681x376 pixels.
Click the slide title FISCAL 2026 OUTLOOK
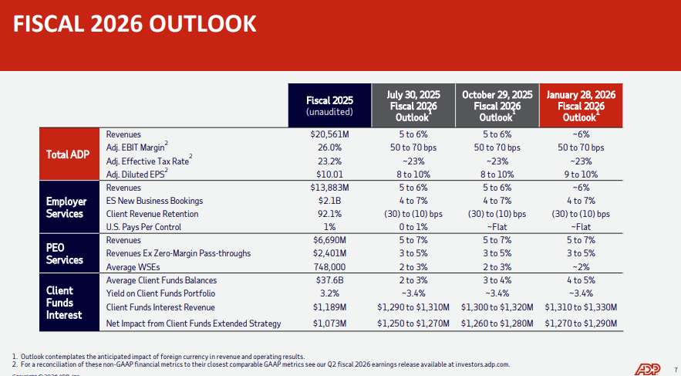click(x=135, y=24)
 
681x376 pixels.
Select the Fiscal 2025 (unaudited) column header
click(x=329, y=106)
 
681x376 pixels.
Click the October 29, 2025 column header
click(x=497, y=106)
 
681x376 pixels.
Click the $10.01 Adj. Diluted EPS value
click(x=329, y=174)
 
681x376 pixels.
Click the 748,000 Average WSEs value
click(x=329, y=266)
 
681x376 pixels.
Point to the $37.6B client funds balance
click(x=329, y=280)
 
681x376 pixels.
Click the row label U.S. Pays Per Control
click(x=143, y=227)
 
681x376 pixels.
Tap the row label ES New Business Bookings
click(x=153, y=201)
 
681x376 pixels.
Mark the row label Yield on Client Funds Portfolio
click(x=160, y=293)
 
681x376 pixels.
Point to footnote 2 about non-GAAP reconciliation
click(x=261, y=364)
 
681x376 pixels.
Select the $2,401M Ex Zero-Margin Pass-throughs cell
click(x=329, y=253)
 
